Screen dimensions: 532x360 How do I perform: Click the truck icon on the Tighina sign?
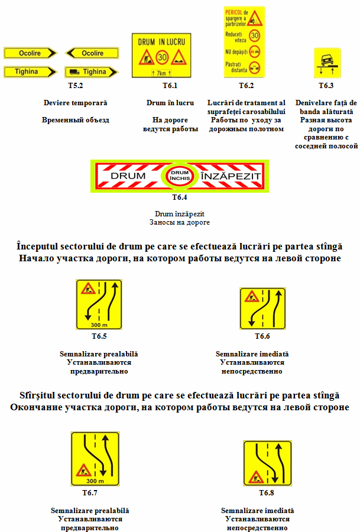tap(74, 72)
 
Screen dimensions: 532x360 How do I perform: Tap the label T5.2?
tap(75, 86)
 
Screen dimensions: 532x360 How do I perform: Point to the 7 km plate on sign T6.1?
tap(161, 73)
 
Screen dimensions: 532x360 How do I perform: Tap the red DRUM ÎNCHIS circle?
tap(179, 176)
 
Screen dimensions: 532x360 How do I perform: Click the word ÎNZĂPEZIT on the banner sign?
tap(229, 176)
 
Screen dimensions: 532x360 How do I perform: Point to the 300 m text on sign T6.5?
tap(98, 325)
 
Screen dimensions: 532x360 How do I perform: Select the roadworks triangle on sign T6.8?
tap(257, 475)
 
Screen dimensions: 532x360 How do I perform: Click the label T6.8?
tap(266, 492)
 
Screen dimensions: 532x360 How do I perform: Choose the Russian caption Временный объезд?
tap(75, 120)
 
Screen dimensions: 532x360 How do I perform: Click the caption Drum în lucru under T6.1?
tap(170, 103)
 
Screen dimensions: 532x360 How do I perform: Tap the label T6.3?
tap(326, 86)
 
